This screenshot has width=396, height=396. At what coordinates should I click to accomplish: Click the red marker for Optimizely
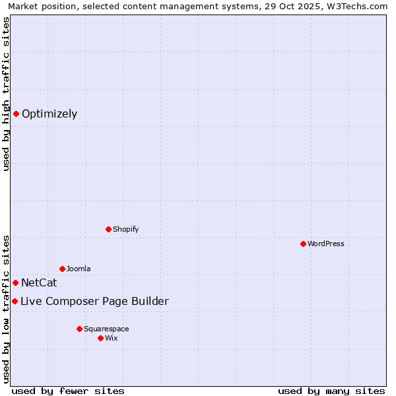click(16, 114)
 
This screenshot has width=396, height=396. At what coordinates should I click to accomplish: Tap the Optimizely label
click(49, 114)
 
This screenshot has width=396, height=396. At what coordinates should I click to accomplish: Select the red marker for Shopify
click(108, 229)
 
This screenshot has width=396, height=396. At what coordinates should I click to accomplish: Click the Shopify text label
click(125, 229)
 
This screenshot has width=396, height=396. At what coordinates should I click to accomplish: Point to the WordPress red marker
click(303, 244)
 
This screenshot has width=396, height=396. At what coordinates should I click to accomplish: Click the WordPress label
click(326, 244)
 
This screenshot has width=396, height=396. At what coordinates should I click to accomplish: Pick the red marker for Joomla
click(62, 269)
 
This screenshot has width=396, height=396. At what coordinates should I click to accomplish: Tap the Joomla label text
click(79, 269)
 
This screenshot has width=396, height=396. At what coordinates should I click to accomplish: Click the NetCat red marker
click(16, 282)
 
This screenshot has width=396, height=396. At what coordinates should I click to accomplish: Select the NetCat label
click(39, 283)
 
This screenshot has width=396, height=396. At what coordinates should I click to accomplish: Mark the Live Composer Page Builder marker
click(15, 301)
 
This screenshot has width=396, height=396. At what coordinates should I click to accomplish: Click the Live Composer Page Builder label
click(94, 302)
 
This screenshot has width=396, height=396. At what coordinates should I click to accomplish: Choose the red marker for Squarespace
click(79, 329)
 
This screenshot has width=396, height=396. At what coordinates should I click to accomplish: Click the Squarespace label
click(106, 329)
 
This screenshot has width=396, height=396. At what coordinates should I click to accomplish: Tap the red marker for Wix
click(100, 338)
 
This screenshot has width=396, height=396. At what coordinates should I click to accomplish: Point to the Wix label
click(112, 338)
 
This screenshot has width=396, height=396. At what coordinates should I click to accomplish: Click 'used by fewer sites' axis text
click(67, 391)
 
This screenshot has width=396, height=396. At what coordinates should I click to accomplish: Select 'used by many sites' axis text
click(331, 391)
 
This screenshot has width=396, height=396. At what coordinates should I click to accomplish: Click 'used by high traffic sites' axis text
click(6, 94)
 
